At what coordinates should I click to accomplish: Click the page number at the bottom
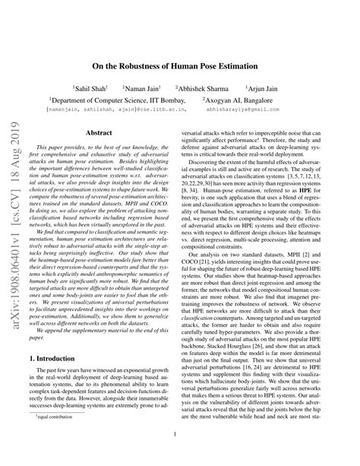point(180,435)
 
